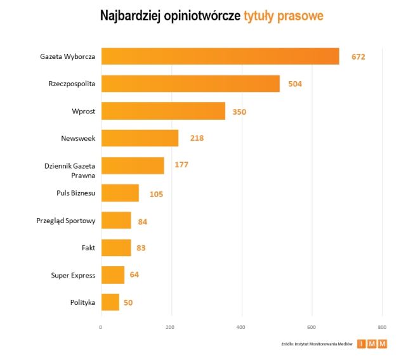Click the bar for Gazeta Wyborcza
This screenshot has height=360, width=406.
220,56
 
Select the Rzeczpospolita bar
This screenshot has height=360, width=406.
190,84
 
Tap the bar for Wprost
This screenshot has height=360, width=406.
163,111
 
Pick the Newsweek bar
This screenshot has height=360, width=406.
140,138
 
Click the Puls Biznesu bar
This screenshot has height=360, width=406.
120,193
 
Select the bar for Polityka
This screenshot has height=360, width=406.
110,302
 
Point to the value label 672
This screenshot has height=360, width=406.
357,57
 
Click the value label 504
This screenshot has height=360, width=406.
295,84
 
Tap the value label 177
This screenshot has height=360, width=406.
181,165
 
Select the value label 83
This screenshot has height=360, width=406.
141,248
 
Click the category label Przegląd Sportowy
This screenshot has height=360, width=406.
66,221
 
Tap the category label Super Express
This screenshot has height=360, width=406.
73,275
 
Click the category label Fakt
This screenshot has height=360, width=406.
88,248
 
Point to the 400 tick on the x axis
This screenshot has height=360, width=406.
240,327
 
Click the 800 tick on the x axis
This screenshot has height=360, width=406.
381,327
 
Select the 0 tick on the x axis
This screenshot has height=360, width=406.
101,327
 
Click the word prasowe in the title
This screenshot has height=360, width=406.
301,16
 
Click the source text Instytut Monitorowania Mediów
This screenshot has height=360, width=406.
324,344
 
